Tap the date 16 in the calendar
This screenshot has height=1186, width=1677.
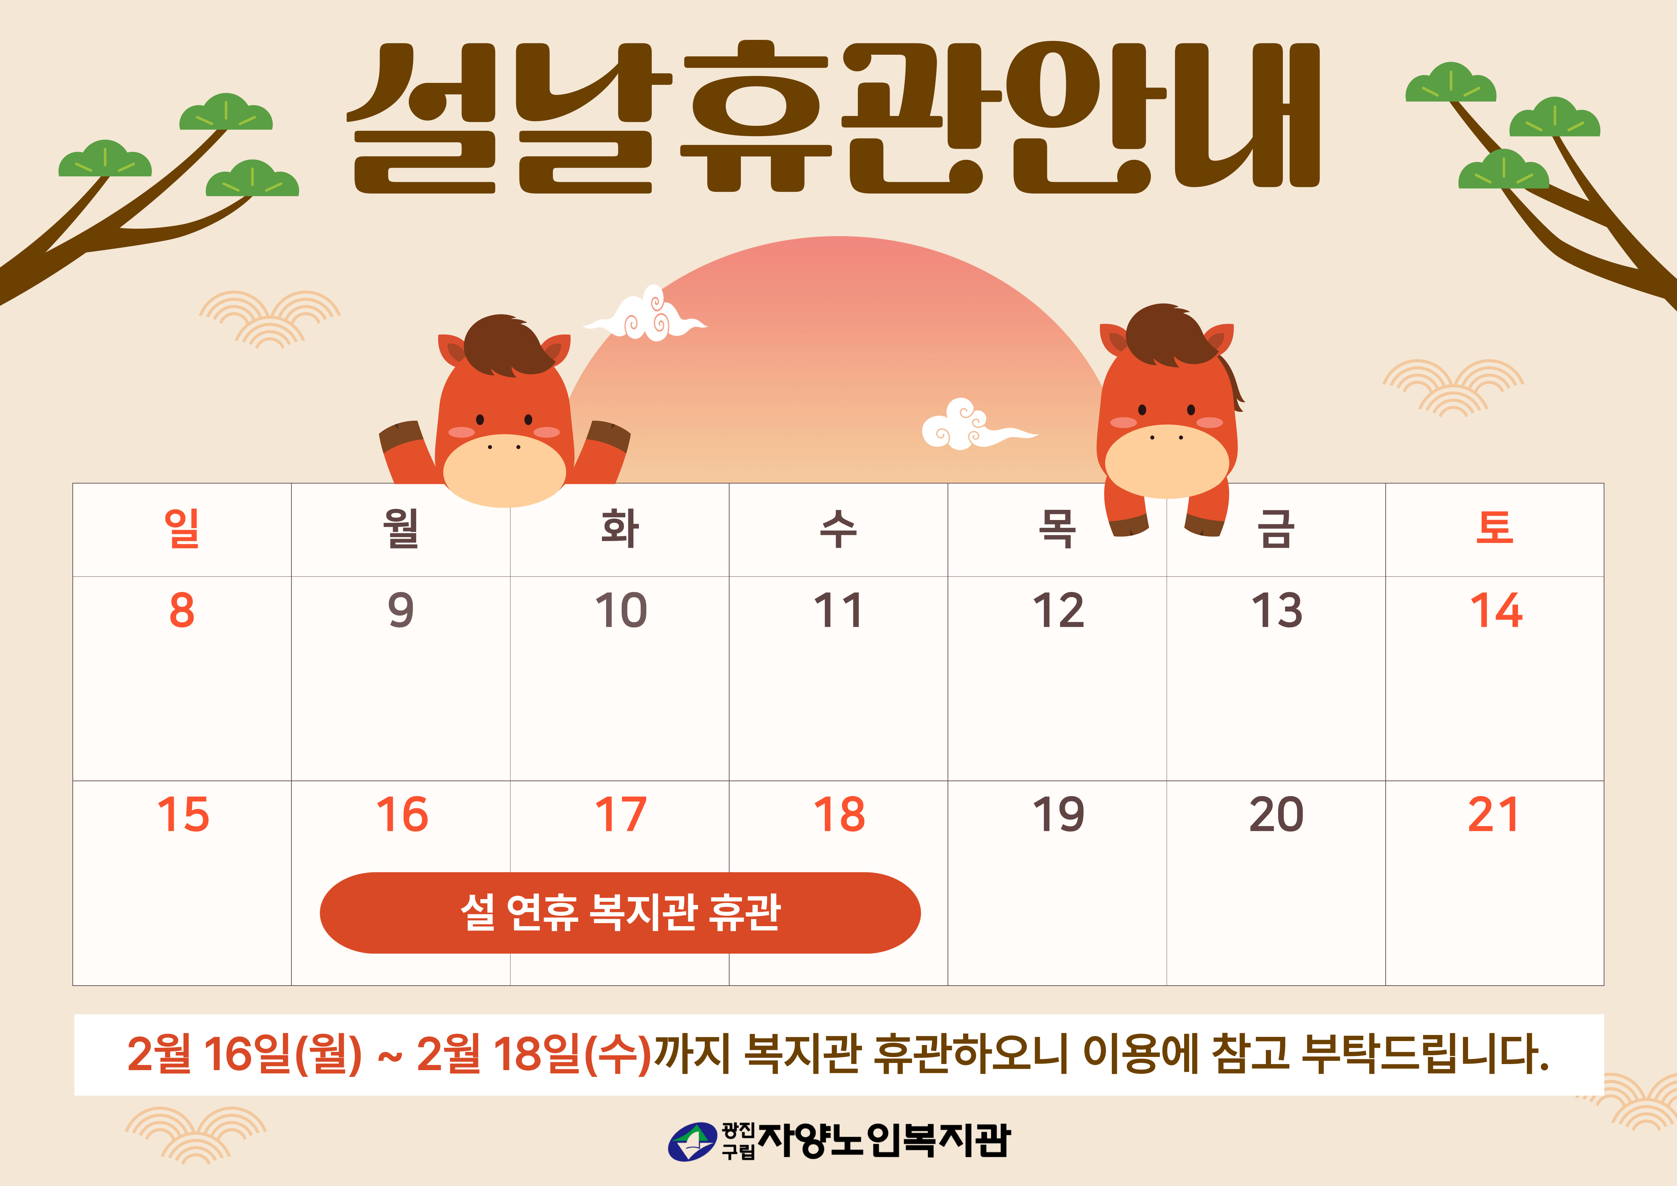(402, 814)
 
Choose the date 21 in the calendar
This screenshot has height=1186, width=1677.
(1494, 814)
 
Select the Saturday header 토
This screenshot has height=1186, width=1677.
(1495, 527)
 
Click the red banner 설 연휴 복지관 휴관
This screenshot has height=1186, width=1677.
(620, 913)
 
